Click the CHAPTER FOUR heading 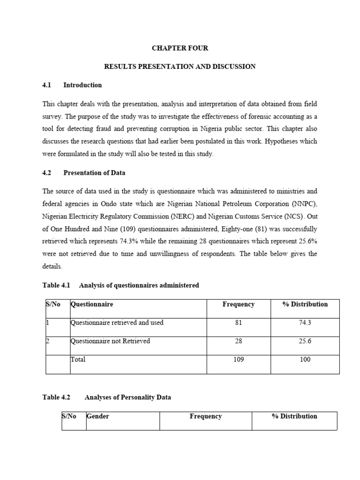pos(180,48)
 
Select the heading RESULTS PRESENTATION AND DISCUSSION pos(180,67)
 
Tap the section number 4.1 pos(46,85)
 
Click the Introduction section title pos(82,85)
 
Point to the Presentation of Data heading pos(94,172)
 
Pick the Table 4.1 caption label pos(56,285)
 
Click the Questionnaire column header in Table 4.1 pos(92,304)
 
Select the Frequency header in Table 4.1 pos(238,304)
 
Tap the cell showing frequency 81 pos(238,322)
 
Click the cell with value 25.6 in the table pos(305,341)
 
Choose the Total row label pos(78,360)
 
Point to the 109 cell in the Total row pos(238,360)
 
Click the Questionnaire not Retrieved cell pos(110,341)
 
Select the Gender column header pos(98,416)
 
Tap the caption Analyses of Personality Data pos(127,397)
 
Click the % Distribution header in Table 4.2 pos(294,416)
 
